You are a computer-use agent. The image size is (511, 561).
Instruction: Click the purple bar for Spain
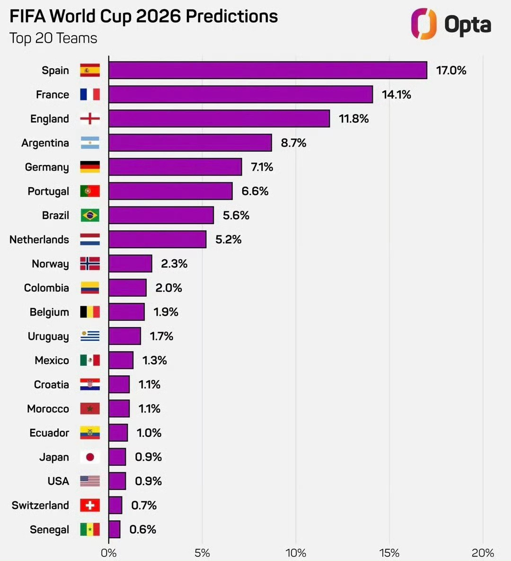(267, 70)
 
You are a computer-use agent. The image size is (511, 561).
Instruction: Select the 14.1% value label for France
(396, 94)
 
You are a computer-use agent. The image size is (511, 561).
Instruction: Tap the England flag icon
(90, 118)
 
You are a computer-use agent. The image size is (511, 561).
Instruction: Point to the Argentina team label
(45, 143)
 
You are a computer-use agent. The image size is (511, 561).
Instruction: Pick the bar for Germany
(175, 167)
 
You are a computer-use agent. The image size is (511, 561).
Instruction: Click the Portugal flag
(90, 191)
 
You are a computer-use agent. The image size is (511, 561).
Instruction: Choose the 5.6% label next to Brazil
(236, 215)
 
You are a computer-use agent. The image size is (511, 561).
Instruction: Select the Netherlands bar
(157, 239)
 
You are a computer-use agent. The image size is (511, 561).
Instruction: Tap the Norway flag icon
(90, 263)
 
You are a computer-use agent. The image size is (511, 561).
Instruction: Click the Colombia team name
(46, 288)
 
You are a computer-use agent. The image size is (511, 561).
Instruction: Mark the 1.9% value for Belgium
(166, 312)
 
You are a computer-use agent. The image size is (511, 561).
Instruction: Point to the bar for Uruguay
(124, 336)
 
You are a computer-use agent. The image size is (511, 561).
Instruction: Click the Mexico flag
(90, 360)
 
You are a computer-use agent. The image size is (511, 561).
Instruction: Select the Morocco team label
(48, 408)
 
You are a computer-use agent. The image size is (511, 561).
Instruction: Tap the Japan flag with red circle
(90, 457)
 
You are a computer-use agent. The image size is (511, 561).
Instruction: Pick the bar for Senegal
(115, 529)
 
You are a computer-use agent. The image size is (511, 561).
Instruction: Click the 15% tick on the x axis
(389, 552)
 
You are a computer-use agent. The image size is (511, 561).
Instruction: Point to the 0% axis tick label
(108, 552)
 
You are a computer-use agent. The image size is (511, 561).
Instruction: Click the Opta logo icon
(423, 24)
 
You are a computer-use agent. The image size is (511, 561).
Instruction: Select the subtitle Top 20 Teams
(53, 38)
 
